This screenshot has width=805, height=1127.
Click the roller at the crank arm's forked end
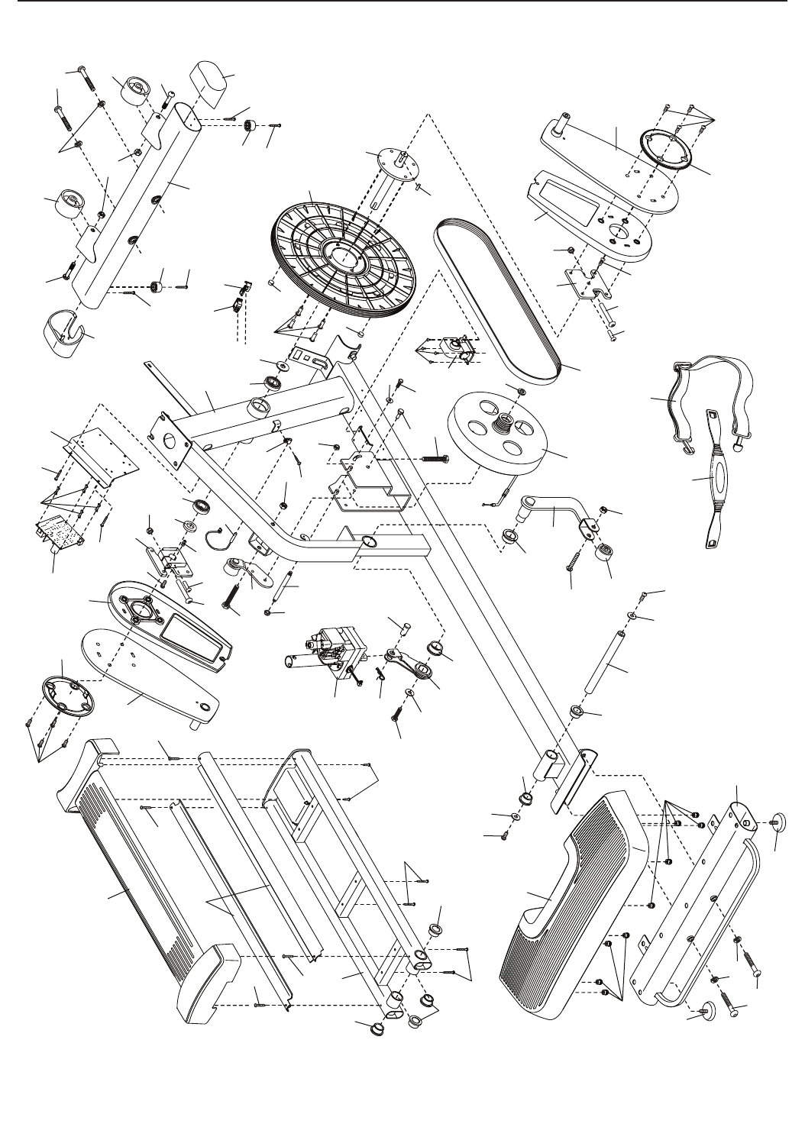[608, 552]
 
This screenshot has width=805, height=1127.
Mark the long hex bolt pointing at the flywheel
[434, 458]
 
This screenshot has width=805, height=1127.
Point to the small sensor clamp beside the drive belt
[452, 350]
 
